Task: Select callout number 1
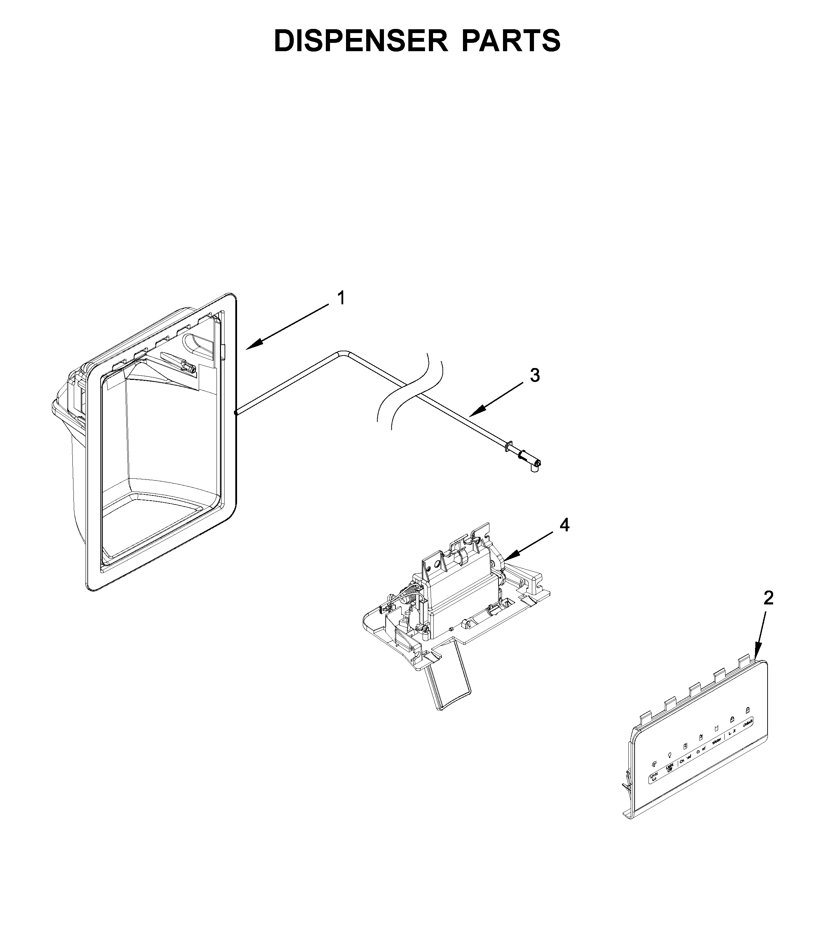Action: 340,298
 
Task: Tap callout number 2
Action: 768,599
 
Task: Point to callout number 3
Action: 535,375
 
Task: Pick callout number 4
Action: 564,525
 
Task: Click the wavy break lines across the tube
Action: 410,389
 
